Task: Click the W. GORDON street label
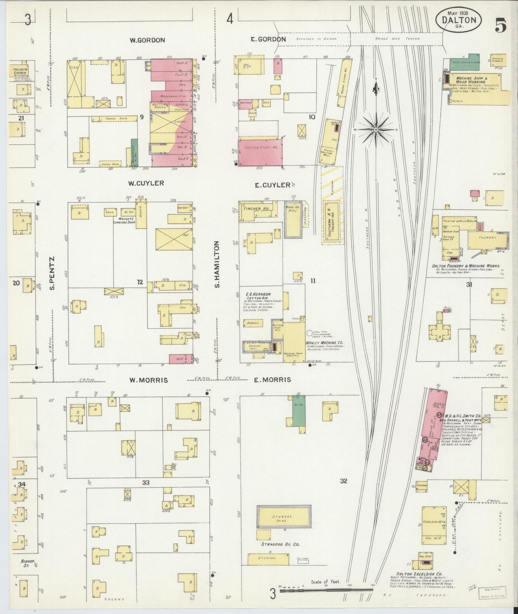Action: [x=147, y=40]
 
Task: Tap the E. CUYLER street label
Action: [x=272, y=185]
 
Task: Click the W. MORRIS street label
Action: [x=148, y=380]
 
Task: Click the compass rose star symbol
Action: [x=376, y=129]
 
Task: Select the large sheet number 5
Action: [x=501, y=24]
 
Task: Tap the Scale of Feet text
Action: [x=325, y=582]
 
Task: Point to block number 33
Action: [x=146, y=483]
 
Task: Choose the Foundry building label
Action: [x=487, y=238]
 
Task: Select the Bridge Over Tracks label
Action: [x=398, y=38]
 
